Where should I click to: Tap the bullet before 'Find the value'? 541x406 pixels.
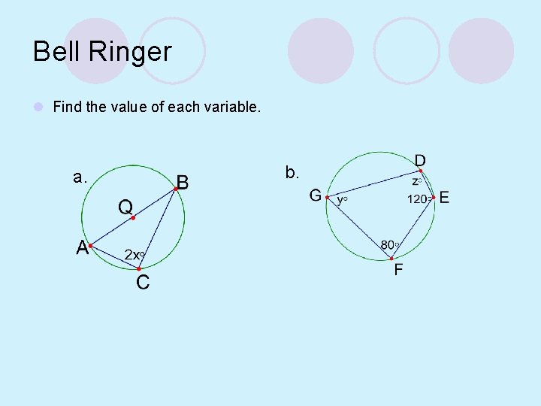click(x=38, y=108)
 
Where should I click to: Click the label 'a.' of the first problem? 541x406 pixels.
click(x=80, y=177)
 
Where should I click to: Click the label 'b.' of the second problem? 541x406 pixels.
click(x=292, y=172)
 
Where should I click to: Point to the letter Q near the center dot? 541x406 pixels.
click(x=125, y=205)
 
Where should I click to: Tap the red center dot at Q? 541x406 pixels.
click(x=132, y=218)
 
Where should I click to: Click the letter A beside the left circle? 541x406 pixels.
click(x=82, y=247)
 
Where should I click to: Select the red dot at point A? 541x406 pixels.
click(x=89, y=245)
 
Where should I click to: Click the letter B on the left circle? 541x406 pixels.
click(x=183, y=182)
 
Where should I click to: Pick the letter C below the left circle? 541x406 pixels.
click(x=142, y=283)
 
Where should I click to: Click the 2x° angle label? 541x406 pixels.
click(x=134, y=255)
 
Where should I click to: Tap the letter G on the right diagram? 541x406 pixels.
click(x=316, y=196)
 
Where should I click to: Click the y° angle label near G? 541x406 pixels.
click(x=342, y=200)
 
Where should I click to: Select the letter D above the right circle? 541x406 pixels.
click(x=421, y=160)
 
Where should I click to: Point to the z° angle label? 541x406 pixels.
click(x=416, y=181)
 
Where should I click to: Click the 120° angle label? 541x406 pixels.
click(x=419, y=199)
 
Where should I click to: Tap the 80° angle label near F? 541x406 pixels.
click(x=389, y=244)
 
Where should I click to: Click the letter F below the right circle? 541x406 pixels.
click(x=398, y=269)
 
